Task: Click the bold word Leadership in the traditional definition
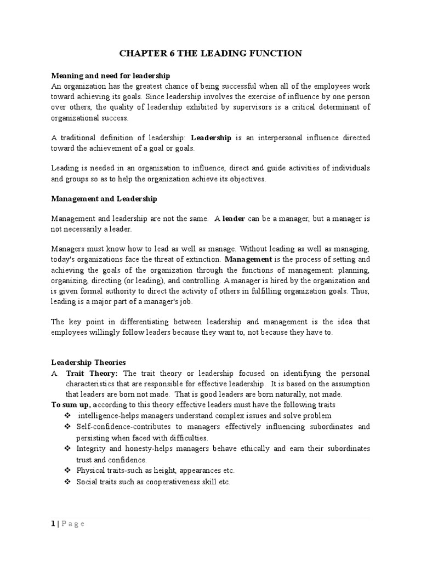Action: (211, 138)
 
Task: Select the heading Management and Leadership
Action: (104, 199)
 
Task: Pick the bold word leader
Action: (234, 219)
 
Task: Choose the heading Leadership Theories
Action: (88, 362)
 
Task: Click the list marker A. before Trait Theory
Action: (55, 373)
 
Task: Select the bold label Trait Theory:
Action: (92, 373)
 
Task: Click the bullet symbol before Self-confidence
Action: (67, 426)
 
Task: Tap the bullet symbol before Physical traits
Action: (67, 470)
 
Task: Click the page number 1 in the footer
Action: (53, 524)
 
